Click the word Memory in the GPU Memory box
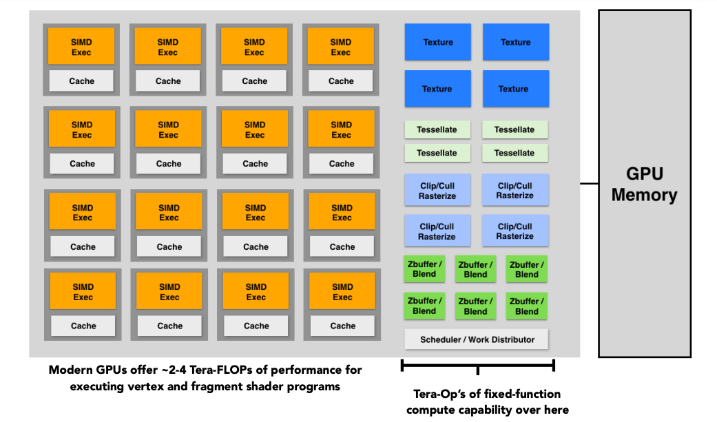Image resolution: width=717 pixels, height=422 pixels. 644,196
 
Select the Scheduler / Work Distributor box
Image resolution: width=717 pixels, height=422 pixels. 477,339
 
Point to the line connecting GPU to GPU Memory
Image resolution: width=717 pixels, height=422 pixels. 589,183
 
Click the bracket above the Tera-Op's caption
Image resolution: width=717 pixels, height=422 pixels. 478,366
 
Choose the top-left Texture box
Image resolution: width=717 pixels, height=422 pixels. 437,42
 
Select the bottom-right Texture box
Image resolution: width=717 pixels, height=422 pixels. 516,89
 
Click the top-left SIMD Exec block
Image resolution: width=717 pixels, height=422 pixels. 81,46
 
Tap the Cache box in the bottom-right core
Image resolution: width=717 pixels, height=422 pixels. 342,326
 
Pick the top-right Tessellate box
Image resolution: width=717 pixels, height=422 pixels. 515,129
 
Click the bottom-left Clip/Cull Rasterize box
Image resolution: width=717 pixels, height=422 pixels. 437,231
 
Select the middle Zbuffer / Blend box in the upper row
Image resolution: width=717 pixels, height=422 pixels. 475,269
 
